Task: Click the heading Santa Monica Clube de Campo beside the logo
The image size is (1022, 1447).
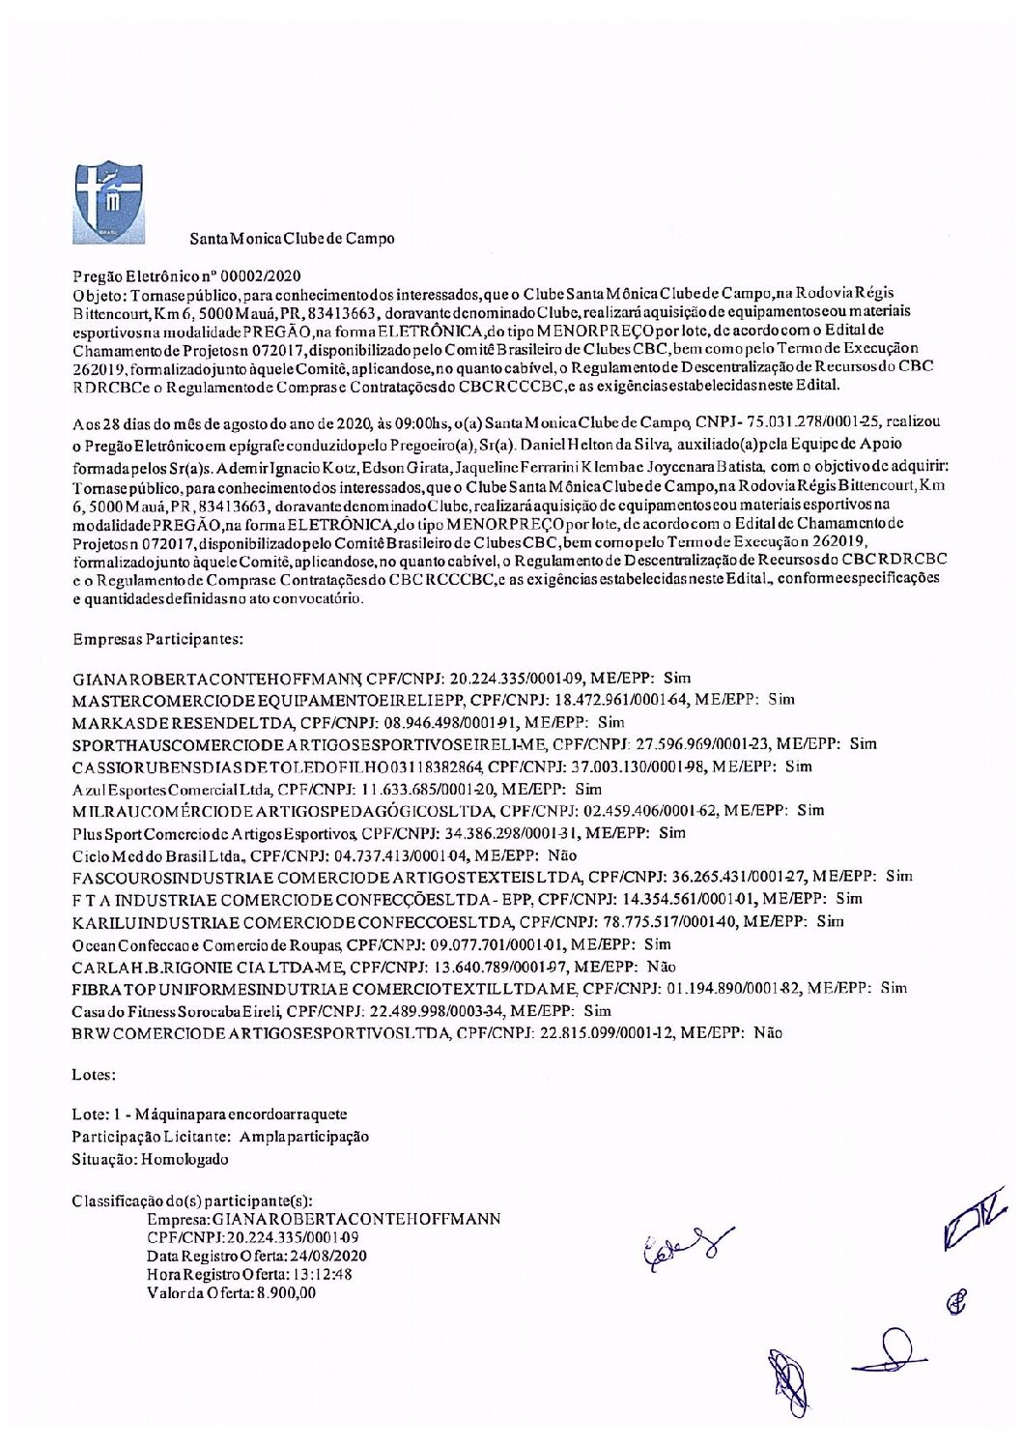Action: tap(292, 238)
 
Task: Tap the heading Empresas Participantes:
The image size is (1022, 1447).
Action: tap(157, 639)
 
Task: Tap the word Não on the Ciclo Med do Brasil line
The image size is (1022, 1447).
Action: tap(561, 855)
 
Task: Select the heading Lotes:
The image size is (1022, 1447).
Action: tap(94, 1074)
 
